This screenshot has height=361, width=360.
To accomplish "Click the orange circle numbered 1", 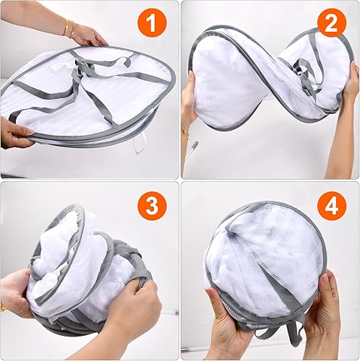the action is point(152,23).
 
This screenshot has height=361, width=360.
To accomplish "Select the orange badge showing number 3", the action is point(152,206).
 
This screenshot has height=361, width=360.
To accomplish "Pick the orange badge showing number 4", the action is point(332,206).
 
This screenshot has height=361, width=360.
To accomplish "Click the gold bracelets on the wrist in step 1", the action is point(69,29).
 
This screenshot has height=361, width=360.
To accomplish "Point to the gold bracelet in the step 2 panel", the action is point(184,136).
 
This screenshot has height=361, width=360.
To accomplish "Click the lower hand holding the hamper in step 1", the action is point(16,132).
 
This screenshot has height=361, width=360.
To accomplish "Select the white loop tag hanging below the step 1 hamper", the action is point(140,144).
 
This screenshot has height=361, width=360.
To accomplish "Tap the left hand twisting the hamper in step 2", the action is point(190,96).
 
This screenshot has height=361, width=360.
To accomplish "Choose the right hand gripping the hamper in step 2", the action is point(350,79).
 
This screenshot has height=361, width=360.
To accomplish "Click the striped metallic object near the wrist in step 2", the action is point(194,147).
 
